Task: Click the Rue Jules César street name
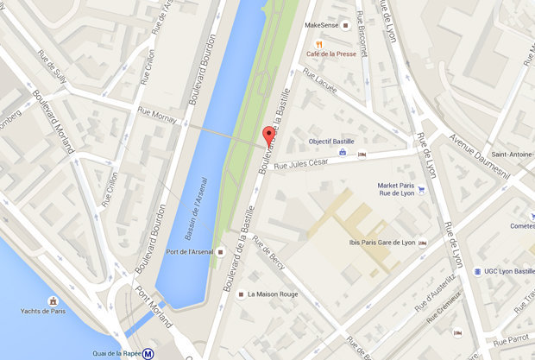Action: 302,164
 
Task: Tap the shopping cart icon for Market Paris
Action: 421,189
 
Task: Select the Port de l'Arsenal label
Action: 190,252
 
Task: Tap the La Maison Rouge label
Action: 273,294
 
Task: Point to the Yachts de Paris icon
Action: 53,300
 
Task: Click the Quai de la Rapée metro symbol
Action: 149,351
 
